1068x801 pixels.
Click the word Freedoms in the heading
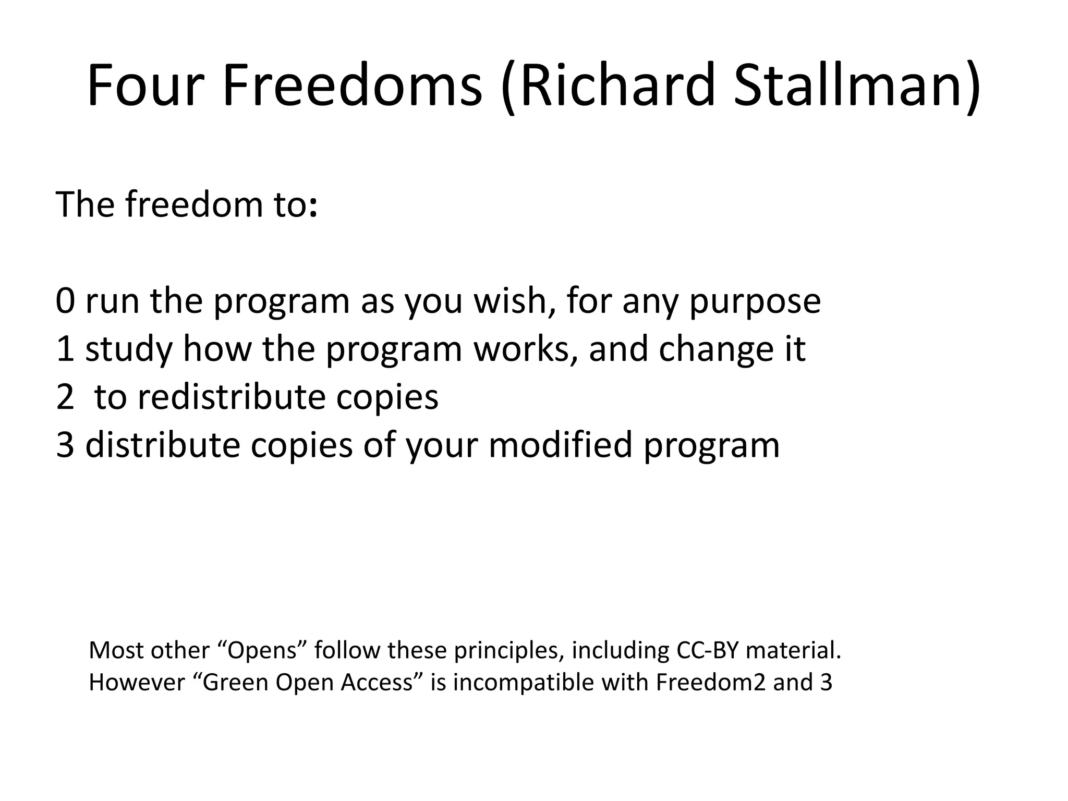353,84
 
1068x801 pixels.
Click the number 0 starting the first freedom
65,301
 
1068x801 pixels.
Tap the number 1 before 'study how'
65,349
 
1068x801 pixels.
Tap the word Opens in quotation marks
264,651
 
